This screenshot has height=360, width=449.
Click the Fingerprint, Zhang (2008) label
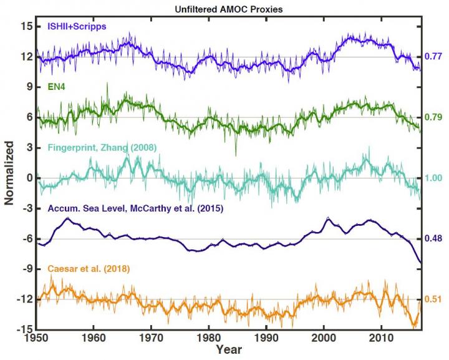pos(102,147)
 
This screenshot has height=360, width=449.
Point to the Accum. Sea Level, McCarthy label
pos(135,208)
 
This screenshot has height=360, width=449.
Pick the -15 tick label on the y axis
pos(24,329)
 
